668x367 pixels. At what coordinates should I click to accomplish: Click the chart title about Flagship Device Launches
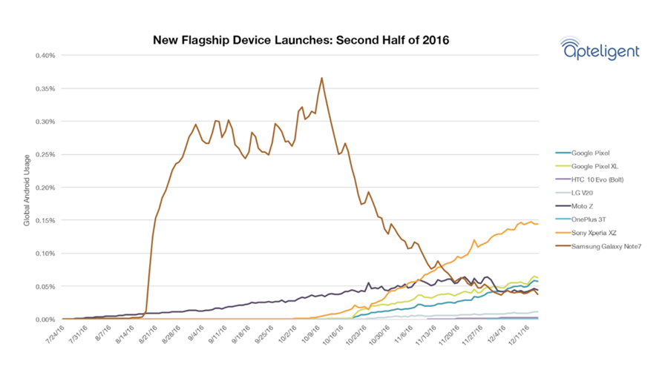coord(301,39)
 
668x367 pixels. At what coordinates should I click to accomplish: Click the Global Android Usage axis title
coord(26,188)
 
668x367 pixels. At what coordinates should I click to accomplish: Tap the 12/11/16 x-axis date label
coord(518,338)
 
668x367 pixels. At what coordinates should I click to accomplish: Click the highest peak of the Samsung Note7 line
coord(321,78)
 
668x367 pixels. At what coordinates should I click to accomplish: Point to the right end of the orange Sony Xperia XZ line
coord(538,223)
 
